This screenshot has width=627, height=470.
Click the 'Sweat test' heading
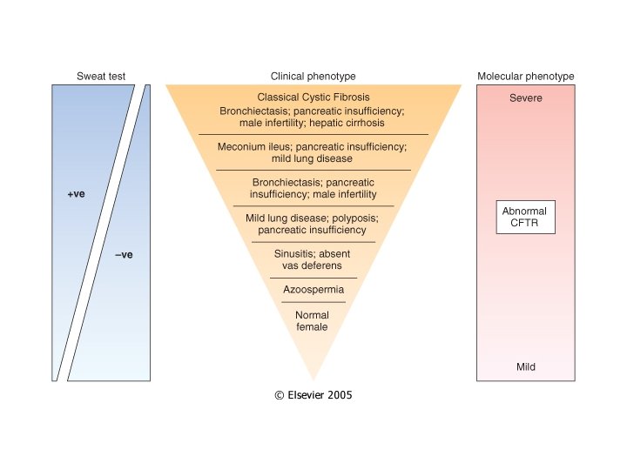pos(101,77)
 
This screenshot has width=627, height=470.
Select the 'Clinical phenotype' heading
pos(313,77)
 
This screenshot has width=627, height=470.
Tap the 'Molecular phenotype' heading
pos(525,77)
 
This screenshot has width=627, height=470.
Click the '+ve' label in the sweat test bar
pos(76,196)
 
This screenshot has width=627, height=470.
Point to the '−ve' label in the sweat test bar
pos(124,255)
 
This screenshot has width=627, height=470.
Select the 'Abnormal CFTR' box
pos(525,218)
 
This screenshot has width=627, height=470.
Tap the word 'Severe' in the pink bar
pos(525,98)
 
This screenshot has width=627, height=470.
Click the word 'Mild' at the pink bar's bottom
pos(525,367)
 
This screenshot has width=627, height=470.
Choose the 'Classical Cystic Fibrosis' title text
pos(313,97)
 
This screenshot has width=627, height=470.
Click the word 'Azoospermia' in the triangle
pos(313,289)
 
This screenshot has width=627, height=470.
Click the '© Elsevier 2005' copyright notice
pos(313,394)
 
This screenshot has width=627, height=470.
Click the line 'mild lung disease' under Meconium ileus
pos(313,158)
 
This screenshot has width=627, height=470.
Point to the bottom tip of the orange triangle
pos(313,380)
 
